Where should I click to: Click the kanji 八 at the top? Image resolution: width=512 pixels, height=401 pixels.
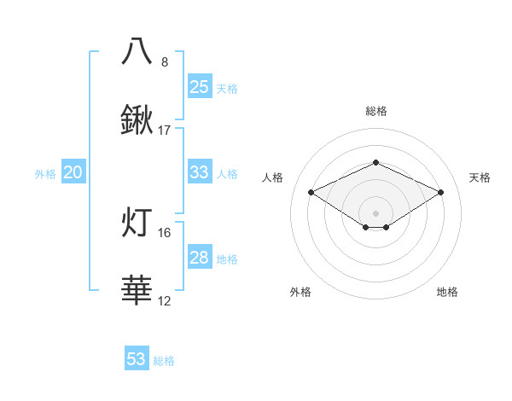(137, 51)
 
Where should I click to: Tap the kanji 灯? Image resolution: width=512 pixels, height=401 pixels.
(137, 222)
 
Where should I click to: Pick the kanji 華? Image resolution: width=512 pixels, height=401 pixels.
(137, 291)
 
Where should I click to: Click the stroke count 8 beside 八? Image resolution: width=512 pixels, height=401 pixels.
(165, 62)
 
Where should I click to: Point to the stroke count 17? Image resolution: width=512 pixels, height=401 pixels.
(165, 131)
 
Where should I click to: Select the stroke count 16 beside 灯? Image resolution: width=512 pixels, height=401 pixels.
(165, 232)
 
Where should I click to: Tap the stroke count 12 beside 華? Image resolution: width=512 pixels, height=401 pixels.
(165, 301)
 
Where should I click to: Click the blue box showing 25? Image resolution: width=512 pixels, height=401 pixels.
(199, 87)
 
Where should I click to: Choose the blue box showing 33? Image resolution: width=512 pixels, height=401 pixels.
(199, 172)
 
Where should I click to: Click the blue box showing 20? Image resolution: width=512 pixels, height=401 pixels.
(73, 172)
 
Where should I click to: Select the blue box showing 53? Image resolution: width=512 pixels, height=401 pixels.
(137, 359)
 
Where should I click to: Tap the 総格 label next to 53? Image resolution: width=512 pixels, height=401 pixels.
(164, 361)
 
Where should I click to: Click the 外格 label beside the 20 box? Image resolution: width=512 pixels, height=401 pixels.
(45, 173)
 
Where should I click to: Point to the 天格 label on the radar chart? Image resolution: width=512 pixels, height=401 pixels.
(480, 177)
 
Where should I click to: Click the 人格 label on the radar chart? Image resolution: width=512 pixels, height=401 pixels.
(273, 177)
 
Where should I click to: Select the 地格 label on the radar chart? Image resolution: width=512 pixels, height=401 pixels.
(447, 292)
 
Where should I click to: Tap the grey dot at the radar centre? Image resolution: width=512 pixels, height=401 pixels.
(375, 212)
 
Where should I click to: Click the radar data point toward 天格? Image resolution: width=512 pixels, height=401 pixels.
(441, 192)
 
